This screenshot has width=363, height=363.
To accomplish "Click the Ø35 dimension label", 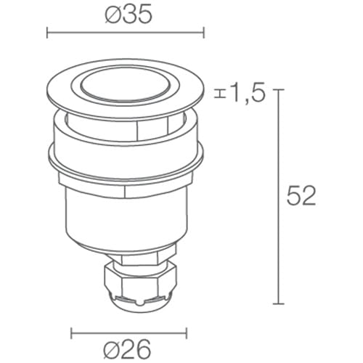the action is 129,15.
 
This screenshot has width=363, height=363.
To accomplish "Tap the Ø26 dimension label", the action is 127,349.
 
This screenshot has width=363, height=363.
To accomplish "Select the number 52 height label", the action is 301,196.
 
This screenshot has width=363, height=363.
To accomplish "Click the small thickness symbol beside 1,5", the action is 220,94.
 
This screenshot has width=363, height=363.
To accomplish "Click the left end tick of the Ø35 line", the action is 47,33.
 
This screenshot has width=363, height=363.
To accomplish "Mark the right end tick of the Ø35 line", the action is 204,33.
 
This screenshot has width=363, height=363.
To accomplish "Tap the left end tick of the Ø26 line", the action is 71,333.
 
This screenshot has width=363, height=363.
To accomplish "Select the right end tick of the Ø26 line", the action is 187,333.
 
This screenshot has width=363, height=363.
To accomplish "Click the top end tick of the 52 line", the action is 278,89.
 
